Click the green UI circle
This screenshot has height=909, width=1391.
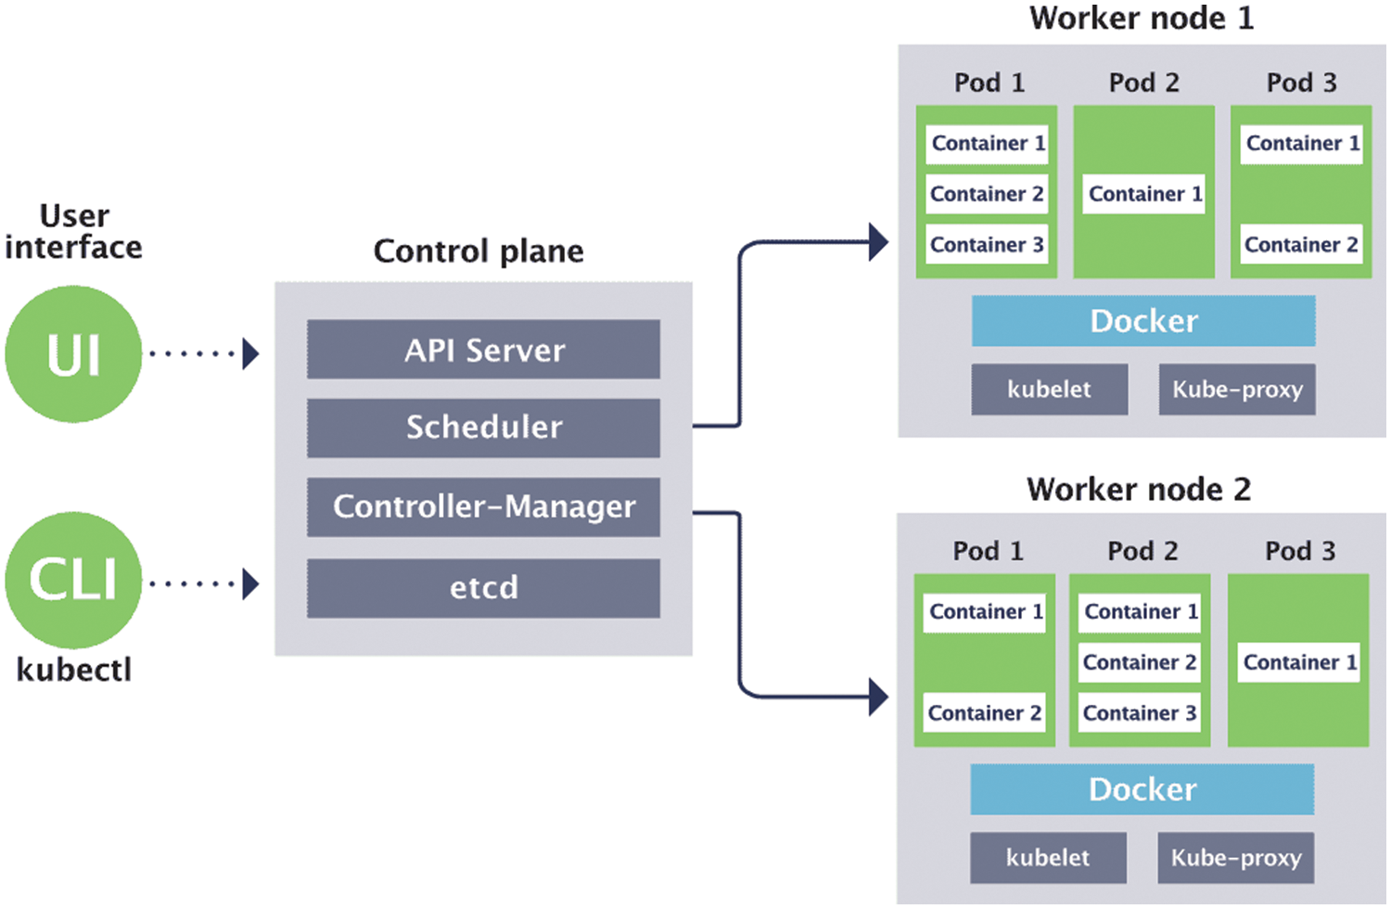pyautogui.click(x=73, y=354)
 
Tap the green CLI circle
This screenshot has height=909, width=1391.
pyautogui.click(x=73, y=580)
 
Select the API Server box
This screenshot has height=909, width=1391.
pyautogui.click(x=483, y=350)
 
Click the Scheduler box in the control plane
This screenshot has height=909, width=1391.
pyautogui.click(x=483, y=428)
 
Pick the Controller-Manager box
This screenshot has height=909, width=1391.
pyautogui.click(x=483, y=506)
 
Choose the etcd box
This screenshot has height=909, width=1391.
pyautogui.click(x=483, y=587)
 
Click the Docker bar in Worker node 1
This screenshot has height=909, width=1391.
pyautogui.click(x=1142, y=321)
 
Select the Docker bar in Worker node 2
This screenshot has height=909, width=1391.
pyautogui.click(x=1142, y=789)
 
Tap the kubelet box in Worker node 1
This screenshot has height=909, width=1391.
pyautogui.click(x=1049, y=390)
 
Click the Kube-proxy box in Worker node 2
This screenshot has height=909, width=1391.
pyautogui.click(x=1235, y=858)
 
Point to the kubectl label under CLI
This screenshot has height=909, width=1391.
pyautogui.click(x=73, y=670)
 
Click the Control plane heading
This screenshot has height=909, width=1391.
pyautogui.click(x=479, y=251)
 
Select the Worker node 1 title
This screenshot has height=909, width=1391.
pyautogui.click(x=1141, y=19)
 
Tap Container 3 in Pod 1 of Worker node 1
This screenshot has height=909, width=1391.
pyautogui.click(x=987, y=245)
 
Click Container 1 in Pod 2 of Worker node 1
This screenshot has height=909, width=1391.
pyautogui.click(x=1144, y=194)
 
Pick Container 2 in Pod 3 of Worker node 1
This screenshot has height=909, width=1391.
pyautogui.click(x=1301, y=245)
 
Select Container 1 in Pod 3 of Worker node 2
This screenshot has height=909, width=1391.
pyautogui.click(x=1299, y=662)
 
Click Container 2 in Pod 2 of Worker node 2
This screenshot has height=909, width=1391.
pyautogui.click(x=1140, y=662)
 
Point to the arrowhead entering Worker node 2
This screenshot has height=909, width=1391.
pyautogui.click(x=878, y=697)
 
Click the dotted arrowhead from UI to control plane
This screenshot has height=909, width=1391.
pyautogui.click(x=249, y=353)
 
